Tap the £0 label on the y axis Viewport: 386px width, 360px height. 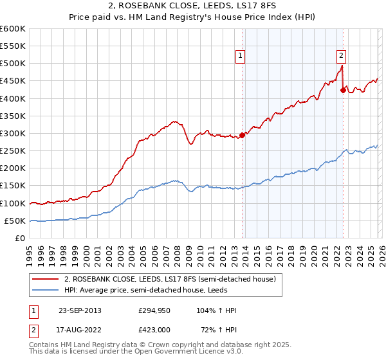[x=19, y=238]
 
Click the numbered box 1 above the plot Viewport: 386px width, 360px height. [x=240, y=56]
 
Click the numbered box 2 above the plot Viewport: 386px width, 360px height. [x=340, y=56]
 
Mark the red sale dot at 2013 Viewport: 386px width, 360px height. [x=243, y=135]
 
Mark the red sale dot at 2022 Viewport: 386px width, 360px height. [x=343, y=91]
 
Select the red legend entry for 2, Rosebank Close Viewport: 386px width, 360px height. [x=170, y=279]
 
